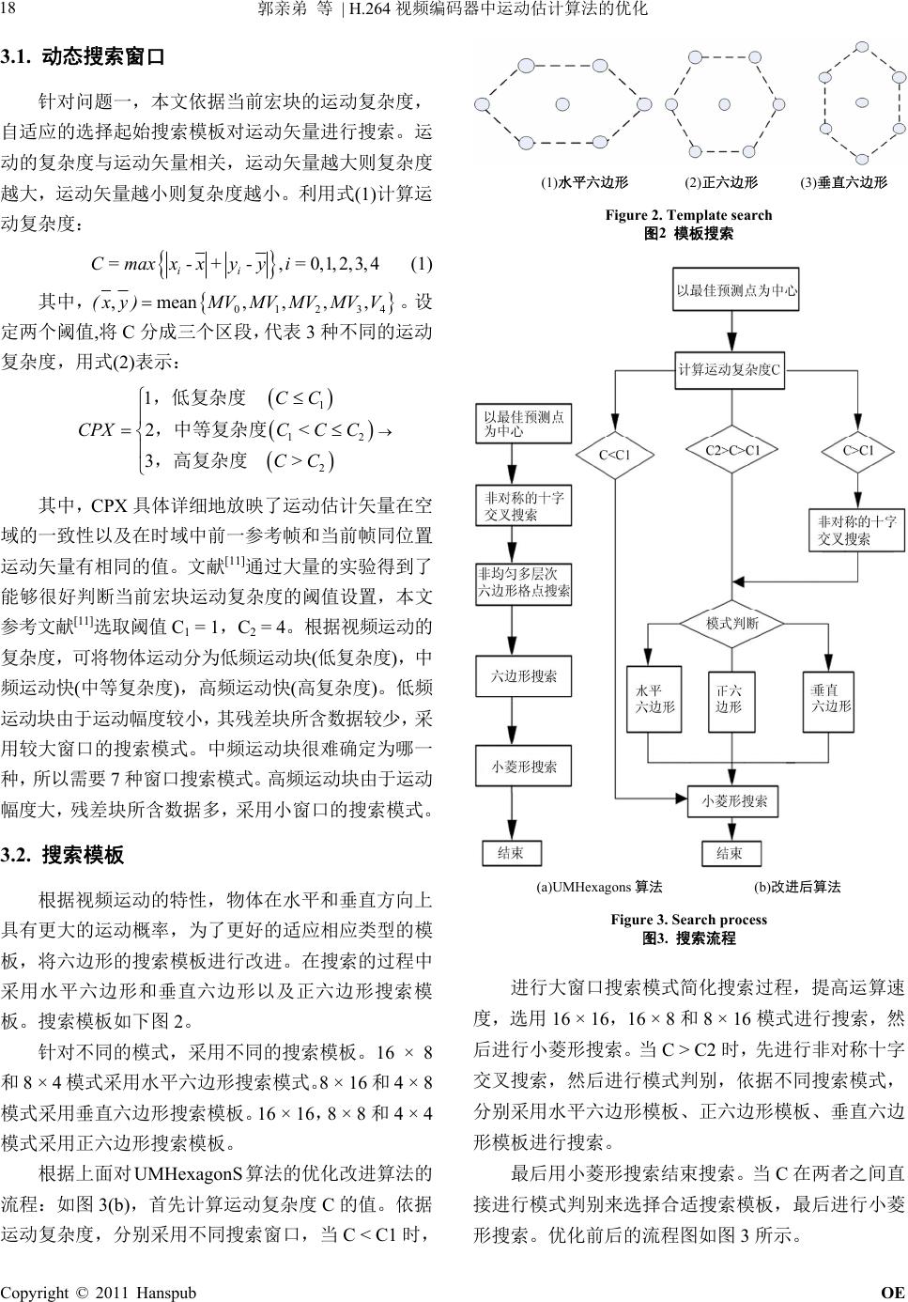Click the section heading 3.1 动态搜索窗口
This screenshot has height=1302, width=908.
click(84, 57)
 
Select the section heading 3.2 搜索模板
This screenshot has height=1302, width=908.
click(63, 855)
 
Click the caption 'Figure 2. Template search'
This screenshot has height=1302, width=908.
click(688, 215)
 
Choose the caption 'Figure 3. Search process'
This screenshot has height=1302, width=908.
click(688, 920)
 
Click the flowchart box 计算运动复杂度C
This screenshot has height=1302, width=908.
click(730, 369)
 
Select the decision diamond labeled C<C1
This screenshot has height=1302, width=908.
click(614, 455)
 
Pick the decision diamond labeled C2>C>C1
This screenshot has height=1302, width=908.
click(732, 451)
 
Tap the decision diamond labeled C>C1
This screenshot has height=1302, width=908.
click(858, 451)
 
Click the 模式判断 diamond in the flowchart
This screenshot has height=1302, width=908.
click(732, 623)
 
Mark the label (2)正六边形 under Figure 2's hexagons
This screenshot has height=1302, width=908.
click(721, 183)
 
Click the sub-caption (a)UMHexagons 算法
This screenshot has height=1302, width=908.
click(599, 887)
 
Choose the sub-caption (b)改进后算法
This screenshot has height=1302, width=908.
click(797, 887)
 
